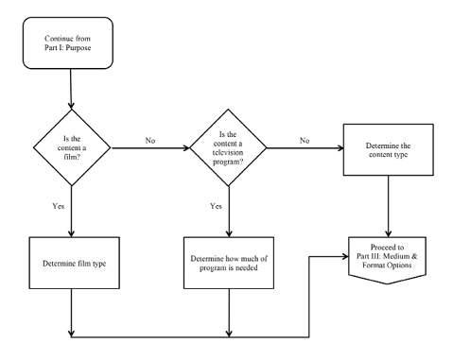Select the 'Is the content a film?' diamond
click(x=72, y=149)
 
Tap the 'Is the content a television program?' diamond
click(x=229, y=149)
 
